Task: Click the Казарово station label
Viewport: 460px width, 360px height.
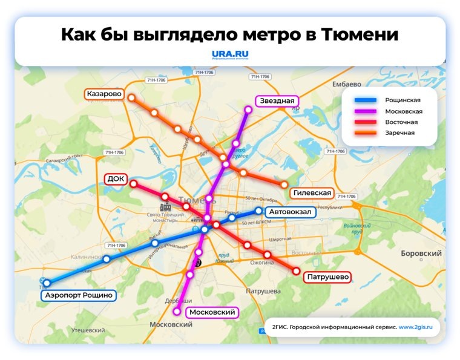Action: tap(105, 94)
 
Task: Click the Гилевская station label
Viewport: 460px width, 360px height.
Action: tap(312, 193)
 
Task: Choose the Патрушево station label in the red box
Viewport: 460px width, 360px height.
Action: tap(329, 277)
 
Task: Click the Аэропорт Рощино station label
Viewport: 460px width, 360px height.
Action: tap(79, 295)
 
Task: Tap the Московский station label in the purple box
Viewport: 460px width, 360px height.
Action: tap(212, 312)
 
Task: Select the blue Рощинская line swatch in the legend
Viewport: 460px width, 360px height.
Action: tap(365, 100)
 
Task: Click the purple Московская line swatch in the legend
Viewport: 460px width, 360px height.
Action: tap(365, 111)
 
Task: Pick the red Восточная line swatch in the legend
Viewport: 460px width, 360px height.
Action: tap(365, 122)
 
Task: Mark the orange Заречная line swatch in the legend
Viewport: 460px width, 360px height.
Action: tap(365, 133)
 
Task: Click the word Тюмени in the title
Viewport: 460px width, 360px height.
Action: tap(364, 34)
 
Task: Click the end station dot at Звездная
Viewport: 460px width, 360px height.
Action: tap(248, 110)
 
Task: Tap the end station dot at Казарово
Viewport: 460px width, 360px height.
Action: tap(131, 97)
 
